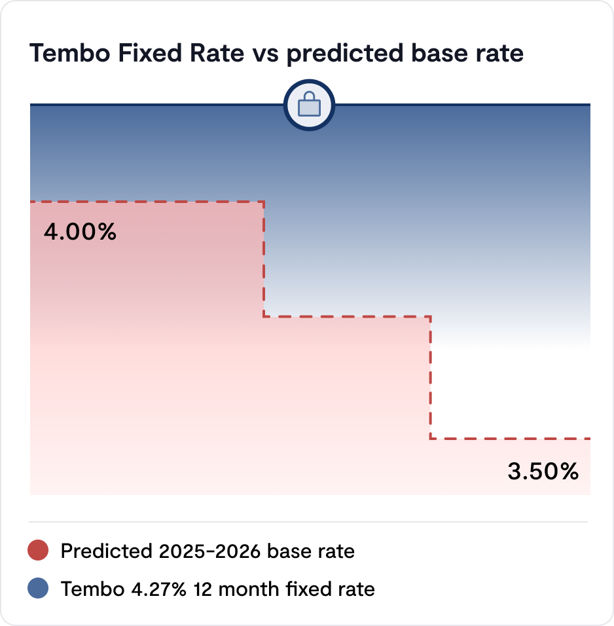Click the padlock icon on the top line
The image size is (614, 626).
tap(308, 105)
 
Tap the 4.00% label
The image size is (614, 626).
tap(80, 232)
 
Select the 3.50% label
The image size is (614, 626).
tap(543, 471)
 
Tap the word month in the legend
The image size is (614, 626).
tap(253, 589)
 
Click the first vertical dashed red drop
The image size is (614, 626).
tap(264, 259)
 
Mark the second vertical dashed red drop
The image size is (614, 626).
tap(431, 378)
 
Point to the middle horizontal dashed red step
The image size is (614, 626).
tap(347, 317)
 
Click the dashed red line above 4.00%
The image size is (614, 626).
tap(147, 202)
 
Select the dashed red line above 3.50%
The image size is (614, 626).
tap(511, 438)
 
